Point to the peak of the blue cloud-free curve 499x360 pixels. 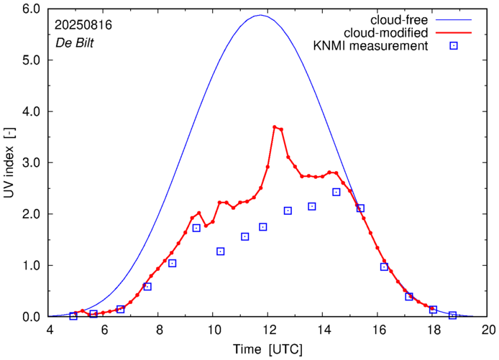coord(260,15)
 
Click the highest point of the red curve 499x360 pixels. coord(275,127)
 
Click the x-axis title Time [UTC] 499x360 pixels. coord(269,349)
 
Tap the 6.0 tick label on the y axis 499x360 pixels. coord(30,9)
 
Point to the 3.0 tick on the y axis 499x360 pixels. coord(30,163)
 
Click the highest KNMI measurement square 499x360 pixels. coord(337,192)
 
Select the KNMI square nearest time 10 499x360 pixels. coord(221,251)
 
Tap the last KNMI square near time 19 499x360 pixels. coord(453,315)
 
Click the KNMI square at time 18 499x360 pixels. coord(433,310)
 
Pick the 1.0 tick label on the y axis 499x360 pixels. coord(30,266)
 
